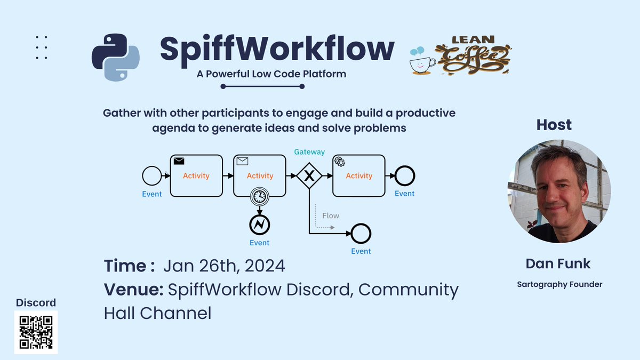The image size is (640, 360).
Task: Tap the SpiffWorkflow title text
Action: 277,49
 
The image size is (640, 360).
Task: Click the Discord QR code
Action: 36,332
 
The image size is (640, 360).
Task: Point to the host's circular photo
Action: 559,191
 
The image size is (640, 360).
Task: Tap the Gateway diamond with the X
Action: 309,175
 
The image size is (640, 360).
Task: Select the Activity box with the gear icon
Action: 359,175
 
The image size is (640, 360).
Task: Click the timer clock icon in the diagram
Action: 260,196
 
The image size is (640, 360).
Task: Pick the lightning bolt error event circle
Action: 260,225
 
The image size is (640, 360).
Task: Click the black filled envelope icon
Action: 179,161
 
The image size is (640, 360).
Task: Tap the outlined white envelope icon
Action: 242,161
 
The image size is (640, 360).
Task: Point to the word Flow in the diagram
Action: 331,215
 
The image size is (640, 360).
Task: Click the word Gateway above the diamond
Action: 309,152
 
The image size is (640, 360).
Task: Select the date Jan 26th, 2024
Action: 224,266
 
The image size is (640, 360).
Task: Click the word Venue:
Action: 133,290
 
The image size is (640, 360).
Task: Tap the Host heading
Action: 554,125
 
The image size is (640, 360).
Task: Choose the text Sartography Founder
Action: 559,284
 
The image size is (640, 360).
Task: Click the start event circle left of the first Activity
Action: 151,175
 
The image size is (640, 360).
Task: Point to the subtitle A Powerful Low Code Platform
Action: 271,74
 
